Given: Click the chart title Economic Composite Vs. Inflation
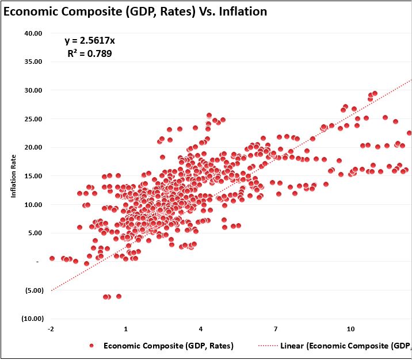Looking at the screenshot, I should coord(135,11).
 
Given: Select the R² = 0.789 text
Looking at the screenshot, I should coord(90,54).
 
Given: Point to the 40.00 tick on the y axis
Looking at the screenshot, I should coord(33,33).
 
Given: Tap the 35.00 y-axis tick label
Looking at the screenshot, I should coord(33,62).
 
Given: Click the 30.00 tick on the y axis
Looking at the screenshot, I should coord(33,90).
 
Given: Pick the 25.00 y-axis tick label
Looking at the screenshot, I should coord(33,119).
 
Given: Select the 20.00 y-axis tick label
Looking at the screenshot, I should coord(33,147).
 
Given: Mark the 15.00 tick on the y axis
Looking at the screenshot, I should coord(33,176).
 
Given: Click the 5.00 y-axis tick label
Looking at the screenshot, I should coord(35,233).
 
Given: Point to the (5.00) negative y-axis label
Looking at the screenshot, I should coord(33,290).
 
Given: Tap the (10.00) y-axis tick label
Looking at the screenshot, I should coord(32,319).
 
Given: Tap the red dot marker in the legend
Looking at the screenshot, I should coord(91,346).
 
